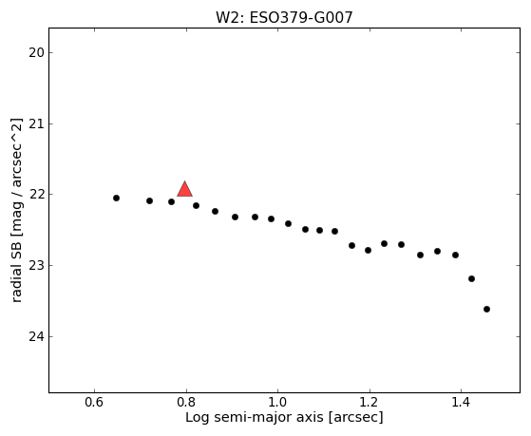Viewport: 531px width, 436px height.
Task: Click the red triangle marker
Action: click(x=184, y=190)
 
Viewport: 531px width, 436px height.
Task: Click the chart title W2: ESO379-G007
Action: click(x=284, y=18)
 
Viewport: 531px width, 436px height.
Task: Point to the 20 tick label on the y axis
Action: click(x=36, y=53)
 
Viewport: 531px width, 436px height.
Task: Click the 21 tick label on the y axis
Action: click(x=36, y=124)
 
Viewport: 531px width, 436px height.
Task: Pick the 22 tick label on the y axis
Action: click(x=36, y=195)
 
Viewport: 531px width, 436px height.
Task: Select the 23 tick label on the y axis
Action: click(x=36, y=266)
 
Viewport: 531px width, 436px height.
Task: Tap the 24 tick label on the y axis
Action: click(x=36, y=337)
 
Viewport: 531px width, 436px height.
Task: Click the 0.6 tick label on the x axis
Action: click(x=94, y=402)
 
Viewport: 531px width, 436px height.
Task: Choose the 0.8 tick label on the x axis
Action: click(x=186, y=402)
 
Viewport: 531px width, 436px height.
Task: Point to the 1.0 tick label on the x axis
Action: click(x=277, y=402)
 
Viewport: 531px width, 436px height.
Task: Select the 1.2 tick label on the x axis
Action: click(x=370, y=402)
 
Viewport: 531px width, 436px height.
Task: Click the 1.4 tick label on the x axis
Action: click(x=461, y=402)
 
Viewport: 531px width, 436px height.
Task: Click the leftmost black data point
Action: click(x=116, y=199)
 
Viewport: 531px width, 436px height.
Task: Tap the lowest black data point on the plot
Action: click(x=486, y=309)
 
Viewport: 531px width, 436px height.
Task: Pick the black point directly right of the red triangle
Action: click(x=196, y=205)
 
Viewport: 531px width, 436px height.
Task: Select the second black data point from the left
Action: click(x=149, y=200)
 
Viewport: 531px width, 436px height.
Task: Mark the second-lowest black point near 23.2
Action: click(x=471, y=279)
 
